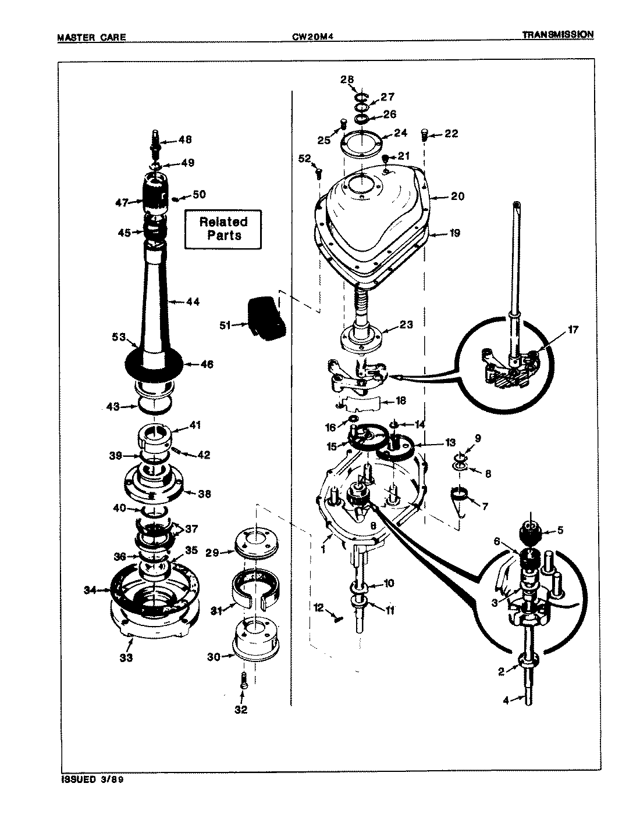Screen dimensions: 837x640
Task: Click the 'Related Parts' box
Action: click(x=224, y=228)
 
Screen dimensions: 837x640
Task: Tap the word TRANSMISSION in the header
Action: click(x=557, y=34)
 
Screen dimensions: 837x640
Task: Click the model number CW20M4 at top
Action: click(x=316, y=37)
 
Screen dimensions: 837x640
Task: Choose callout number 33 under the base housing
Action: click(x=126, y=658)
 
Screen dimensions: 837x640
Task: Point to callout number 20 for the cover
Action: click(x=457, y=196)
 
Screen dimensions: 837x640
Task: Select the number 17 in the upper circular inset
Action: click(x=574, y=330)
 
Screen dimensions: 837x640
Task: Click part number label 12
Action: click(x=318, y=608)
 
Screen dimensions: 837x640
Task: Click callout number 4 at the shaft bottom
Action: click(x=505, y=700)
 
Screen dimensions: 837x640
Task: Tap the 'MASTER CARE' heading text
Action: click(x=91, y=38)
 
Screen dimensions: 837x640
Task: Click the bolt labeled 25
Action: click(x=343, y=123)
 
